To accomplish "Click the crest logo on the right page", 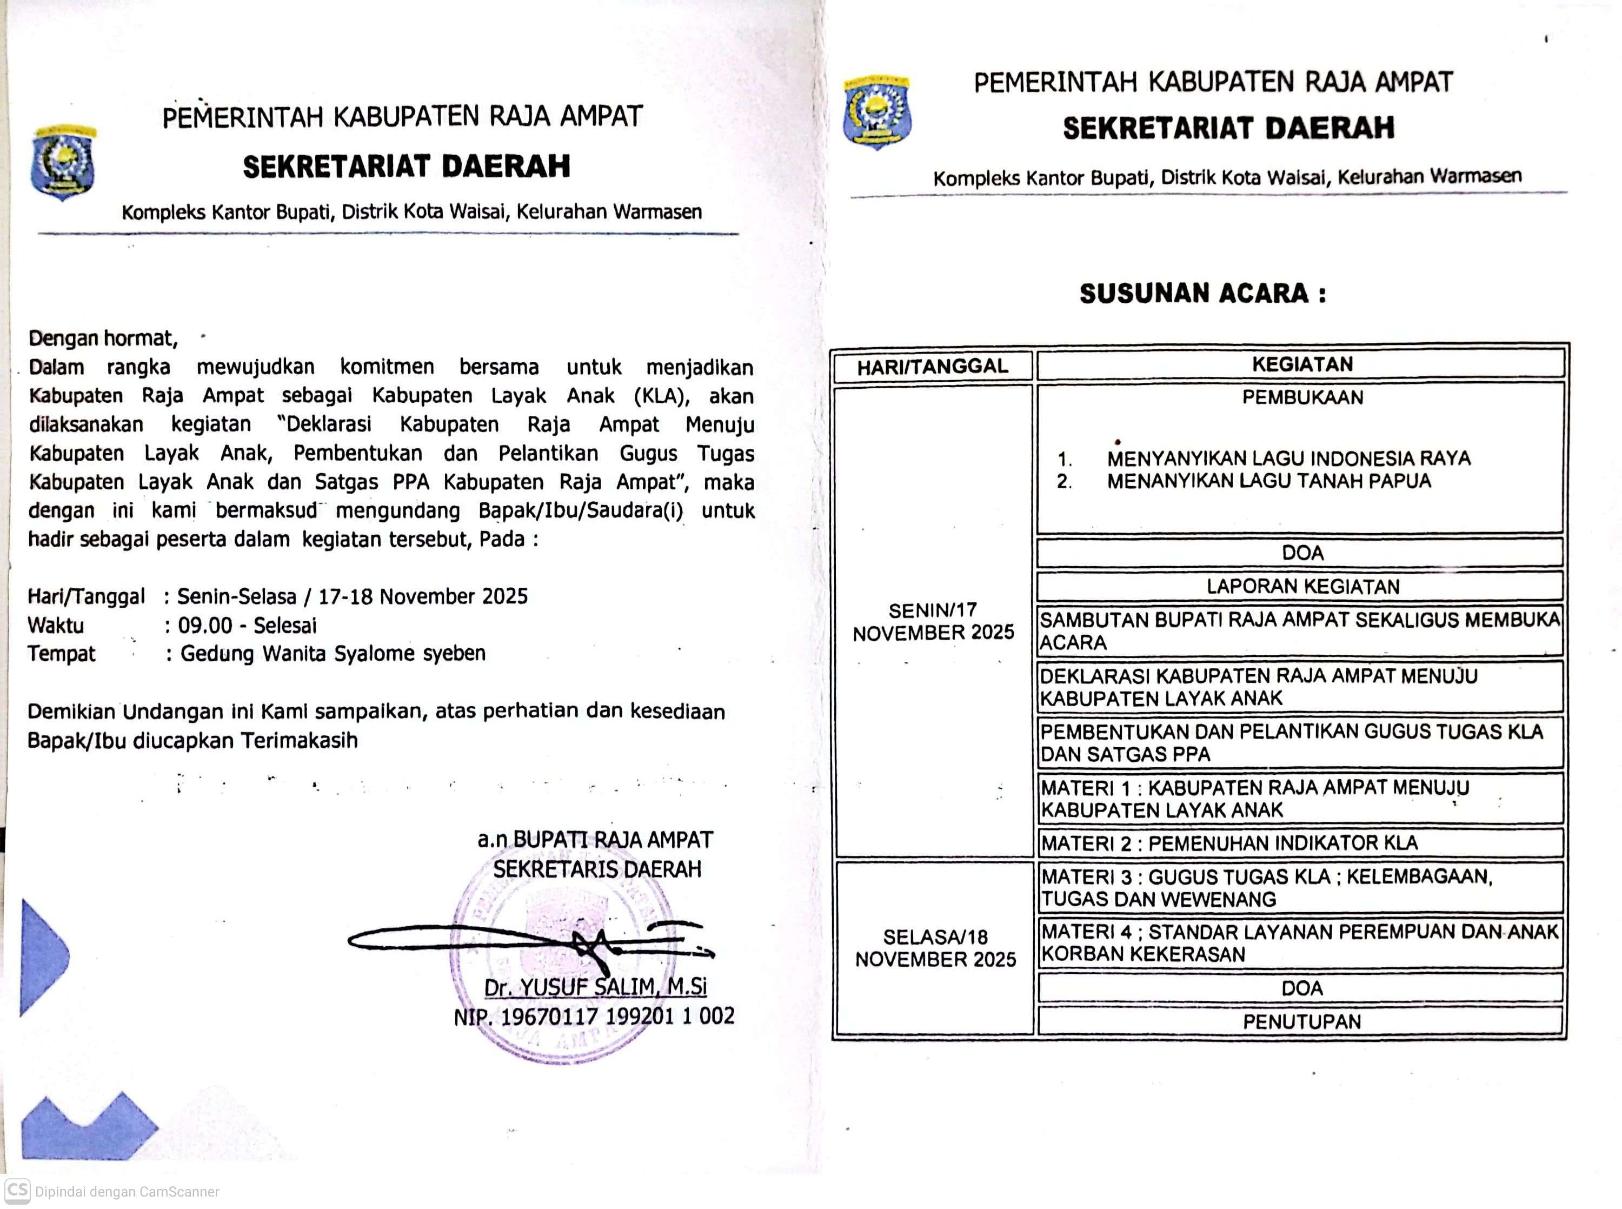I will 876,111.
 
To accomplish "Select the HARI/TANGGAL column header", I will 932,367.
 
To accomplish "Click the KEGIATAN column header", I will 1301,364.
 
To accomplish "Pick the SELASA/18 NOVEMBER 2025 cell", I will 935,948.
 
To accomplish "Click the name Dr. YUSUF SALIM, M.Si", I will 595,987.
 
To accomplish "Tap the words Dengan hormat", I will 102,338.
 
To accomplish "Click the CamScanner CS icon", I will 17,1190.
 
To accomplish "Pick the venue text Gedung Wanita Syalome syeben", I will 333,654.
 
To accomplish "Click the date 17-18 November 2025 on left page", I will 423,596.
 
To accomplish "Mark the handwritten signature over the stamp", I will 531,939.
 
